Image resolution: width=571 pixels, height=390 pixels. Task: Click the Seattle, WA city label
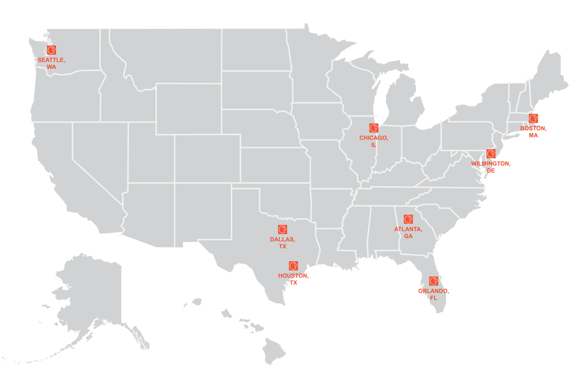(x=51, y=63)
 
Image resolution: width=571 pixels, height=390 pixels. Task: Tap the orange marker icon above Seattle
(x=51, y=50)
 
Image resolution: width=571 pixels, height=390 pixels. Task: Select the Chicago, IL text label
(x=374, y=141)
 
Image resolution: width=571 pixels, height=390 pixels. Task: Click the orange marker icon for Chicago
(x=374, y=128)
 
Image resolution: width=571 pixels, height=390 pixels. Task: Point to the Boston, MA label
(x=533, y=132)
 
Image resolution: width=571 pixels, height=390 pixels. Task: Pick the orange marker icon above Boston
(x=533, y=118)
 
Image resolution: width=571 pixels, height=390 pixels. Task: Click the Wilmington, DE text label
(x=490, y=167)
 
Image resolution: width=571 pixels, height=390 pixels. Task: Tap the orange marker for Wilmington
(x=491, y=154)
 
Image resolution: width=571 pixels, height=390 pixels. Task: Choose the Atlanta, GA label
(x=408, y=232)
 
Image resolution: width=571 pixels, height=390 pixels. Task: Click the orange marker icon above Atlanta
(x=408, y=219)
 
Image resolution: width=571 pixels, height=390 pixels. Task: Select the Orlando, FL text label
(x=434, y=294)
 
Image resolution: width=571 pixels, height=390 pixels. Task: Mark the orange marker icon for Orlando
(x=434, y=281)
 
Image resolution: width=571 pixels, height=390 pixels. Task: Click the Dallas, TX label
(x=283, y=243)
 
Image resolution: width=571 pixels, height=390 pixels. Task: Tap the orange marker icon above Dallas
(x=283, y=229)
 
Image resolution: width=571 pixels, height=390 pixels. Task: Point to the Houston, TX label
(x=293, y=279)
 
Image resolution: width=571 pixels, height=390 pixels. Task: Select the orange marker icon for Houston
(x=293, y=266)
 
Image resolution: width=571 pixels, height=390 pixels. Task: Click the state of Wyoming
(x=188, y=108)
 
